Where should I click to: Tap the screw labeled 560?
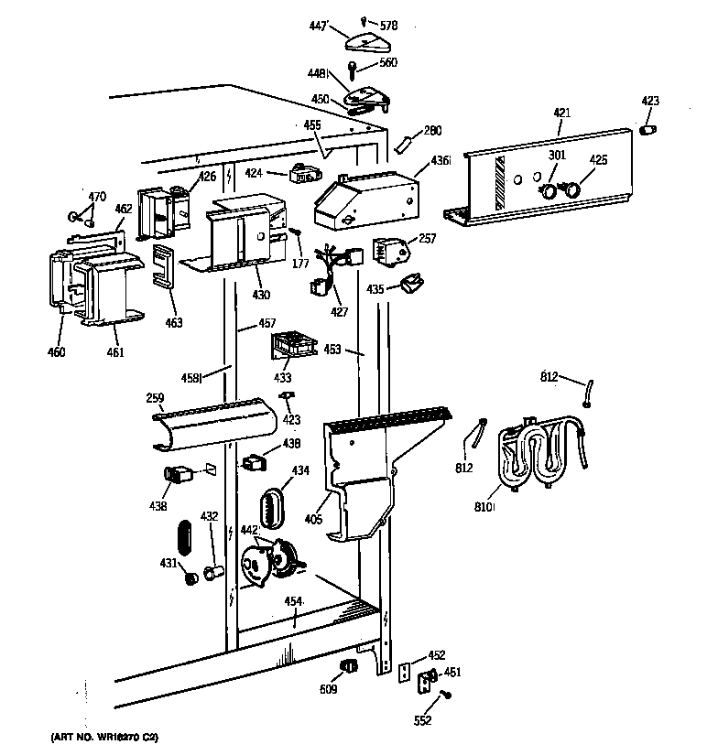coord(355,69)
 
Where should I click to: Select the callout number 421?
coord(561,113)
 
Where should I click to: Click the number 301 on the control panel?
coord(557,156)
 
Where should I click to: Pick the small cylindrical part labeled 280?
coord(403,144)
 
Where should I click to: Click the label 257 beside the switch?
coord(427,238)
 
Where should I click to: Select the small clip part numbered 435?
coord(411,285)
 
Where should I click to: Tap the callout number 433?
coord(282,377)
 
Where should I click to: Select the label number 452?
coord(437,655)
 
